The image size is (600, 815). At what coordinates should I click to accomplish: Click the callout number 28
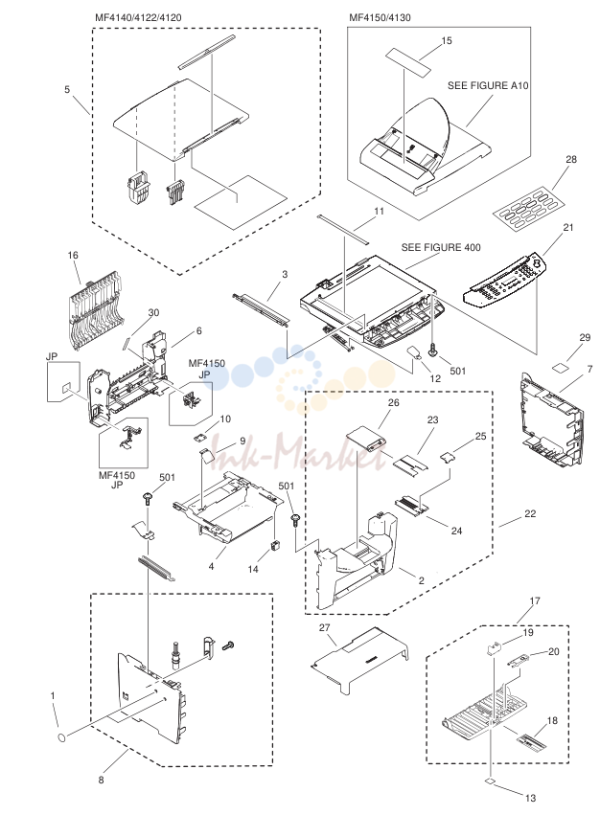[x=571, y=160]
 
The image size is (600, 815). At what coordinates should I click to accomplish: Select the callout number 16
[x=73, y=255]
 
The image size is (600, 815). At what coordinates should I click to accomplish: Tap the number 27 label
[x=325, y=628]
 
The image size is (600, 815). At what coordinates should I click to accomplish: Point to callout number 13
[x=530, y=798]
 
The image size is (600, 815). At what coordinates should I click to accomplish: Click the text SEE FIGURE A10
[x=488, y=86]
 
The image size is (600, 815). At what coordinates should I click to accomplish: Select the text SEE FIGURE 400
[x=441, y=247]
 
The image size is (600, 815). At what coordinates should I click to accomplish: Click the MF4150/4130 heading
[x=380, y=17]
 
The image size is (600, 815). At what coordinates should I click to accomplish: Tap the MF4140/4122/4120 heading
[x=138, y=17]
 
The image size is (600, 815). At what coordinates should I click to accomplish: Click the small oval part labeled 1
[x=61, y=737]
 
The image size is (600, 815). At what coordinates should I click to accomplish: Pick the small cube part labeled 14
[x=275, y=546]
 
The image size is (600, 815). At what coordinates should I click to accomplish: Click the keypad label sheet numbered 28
[x=524, y=211]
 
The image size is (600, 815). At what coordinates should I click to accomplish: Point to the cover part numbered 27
[x=359, y=659]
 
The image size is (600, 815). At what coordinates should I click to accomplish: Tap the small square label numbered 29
[x=562, y=368]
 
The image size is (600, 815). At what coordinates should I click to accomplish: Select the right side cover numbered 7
[x=552, y=419]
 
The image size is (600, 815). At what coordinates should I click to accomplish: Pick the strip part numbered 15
[x=409, y=61]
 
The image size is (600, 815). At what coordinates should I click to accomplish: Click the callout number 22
[x=530, y=514]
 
